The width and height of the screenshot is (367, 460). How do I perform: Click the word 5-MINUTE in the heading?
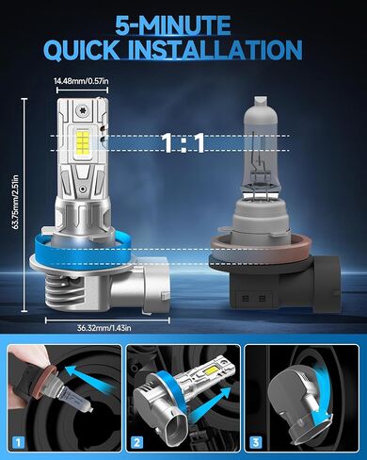click(183, 23)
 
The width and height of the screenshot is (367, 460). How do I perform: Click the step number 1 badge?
click(19, 441)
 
